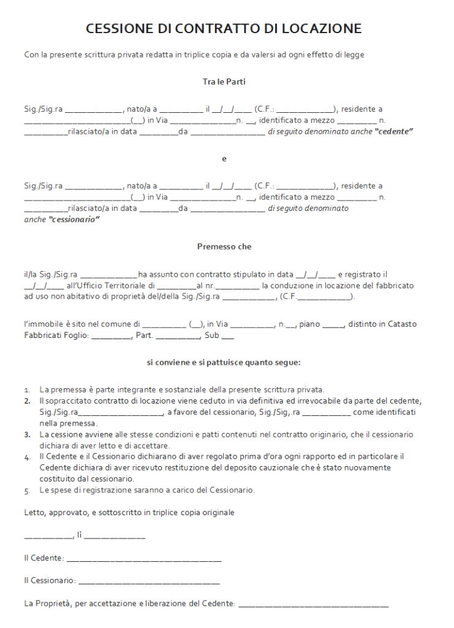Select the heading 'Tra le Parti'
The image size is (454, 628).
pyautogui.click(x=224, y=82)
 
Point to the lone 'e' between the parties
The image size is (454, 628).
pyautogui.click(x=224, y=159)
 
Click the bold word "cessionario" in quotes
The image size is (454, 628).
pyautogui.click(x=74, y=219)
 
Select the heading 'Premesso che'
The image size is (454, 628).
pyautogui.click(x=224, y=247)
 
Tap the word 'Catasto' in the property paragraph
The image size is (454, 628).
pyautogui.click(x=403, y=324)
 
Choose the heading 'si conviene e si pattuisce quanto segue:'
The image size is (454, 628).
pyautogui.click(x=224, y=362)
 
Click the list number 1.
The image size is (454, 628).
pyautogui.click(x=27, y=390)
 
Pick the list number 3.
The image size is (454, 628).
pyautogui.click(x=27, y=434)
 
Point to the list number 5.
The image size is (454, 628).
pyautogui.click(x=27, y=491)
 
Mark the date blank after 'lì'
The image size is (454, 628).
pyautogui.click(x=115, y=537)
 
